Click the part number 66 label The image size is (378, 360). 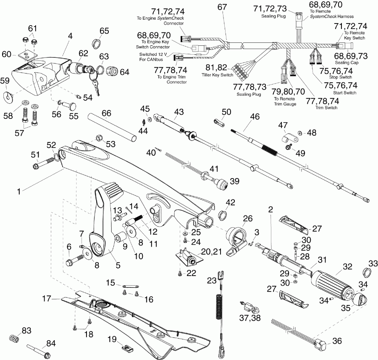[107, 114]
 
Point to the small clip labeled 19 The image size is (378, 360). [125, 347]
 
